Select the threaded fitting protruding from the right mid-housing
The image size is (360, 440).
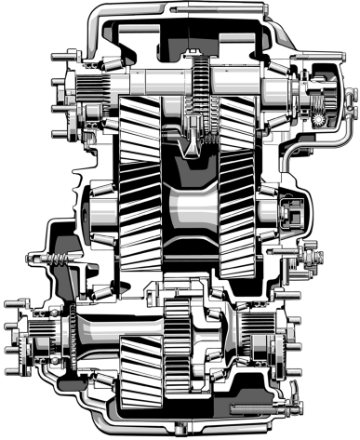310,251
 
